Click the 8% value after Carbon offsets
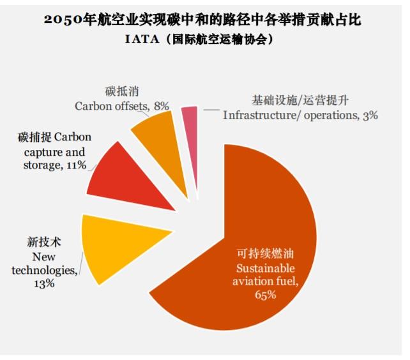click(162, 105)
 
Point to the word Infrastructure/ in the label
click(262, 116)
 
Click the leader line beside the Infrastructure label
click(210, 110)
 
